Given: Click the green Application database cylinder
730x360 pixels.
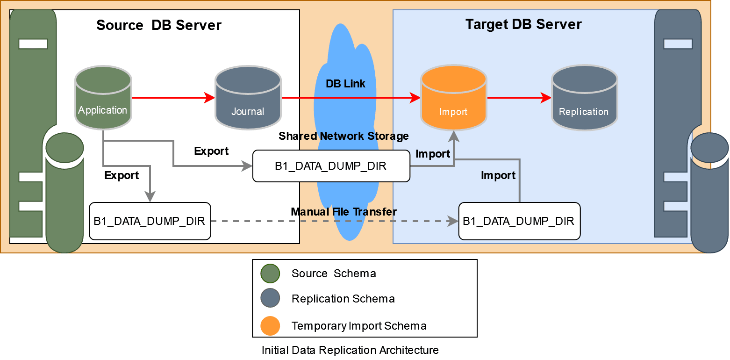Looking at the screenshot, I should [103, 98].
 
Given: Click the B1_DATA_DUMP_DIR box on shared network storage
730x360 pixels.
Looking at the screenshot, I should [331, 166].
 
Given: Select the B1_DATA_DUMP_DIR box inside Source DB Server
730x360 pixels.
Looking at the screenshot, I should [150, 221].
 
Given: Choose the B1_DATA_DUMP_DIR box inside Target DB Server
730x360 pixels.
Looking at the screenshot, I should [519, 221].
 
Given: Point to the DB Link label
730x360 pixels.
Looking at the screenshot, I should [345, 84].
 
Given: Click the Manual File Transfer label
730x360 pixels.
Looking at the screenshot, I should [344, 212].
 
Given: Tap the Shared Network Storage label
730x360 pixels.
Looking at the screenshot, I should [344, 136].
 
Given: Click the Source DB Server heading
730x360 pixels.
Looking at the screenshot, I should [159, 25].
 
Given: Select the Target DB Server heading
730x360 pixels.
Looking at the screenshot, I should [523, 24].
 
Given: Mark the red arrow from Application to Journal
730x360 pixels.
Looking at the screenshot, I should [173, 98].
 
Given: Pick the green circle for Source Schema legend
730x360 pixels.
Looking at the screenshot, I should [270, 274].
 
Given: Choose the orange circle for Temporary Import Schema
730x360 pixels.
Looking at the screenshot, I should [270, 326].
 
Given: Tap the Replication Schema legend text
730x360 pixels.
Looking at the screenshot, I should [343, 299].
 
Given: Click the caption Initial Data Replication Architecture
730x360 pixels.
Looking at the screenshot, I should [350, 350].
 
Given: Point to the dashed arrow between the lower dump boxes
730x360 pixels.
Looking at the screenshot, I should [327, 221].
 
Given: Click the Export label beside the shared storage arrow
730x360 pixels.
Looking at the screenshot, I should [211, 151].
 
